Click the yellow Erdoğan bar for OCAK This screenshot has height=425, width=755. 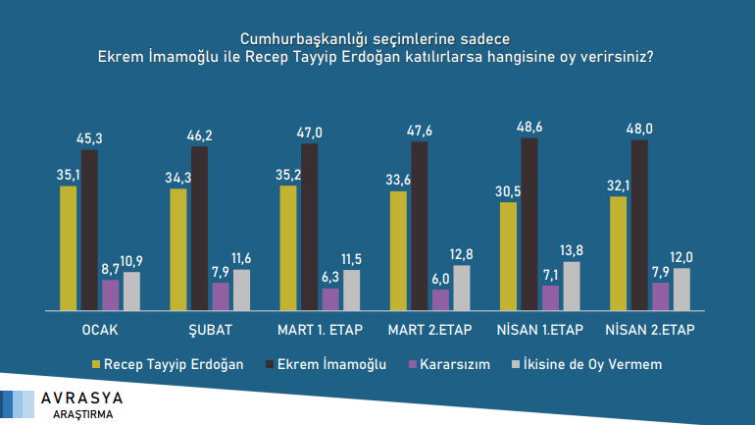68,247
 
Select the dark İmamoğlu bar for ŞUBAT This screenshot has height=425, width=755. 199,229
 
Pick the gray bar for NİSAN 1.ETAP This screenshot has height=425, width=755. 572,286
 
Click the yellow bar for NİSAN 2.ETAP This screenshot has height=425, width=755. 617,253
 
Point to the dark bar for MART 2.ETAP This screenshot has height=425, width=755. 419,226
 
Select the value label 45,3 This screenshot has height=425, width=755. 90,139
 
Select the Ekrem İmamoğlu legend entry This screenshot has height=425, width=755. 327,364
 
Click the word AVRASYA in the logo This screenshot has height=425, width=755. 82,399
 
